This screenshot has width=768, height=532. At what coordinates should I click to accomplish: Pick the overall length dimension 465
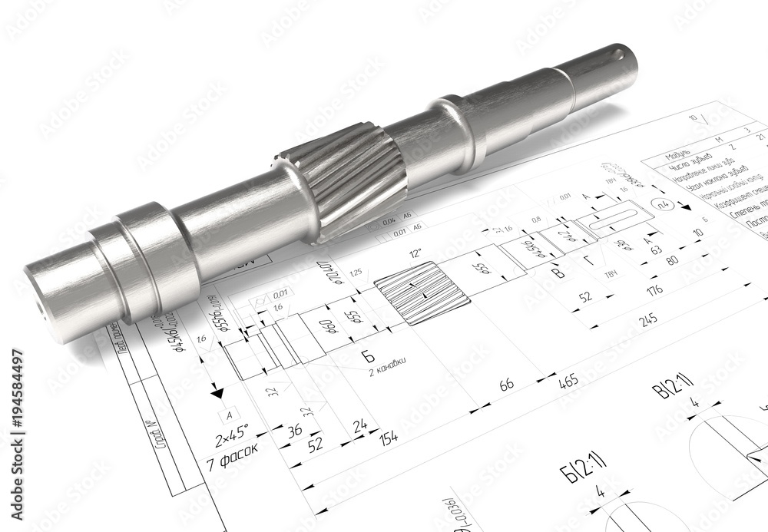[x=569, y=382]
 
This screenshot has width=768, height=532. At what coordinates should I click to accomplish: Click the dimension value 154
[x=389, y=437]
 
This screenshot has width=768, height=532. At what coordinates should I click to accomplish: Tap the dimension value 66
[x=507, y=384]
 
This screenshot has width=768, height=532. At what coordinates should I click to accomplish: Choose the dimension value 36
[x=293, y=431]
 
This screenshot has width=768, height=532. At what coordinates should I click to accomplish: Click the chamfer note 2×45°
[x=231, y=440]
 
